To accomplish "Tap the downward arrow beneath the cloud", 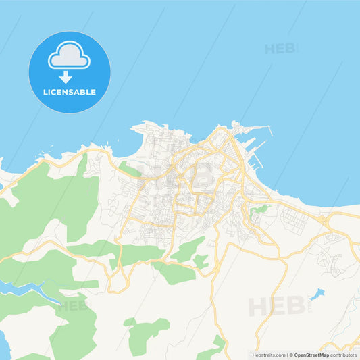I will [x=69, y=77].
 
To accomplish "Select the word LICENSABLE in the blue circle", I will [x=69, y=92].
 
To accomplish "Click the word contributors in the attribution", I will [x=343, y=355].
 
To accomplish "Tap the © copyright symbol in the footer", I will [x=292, y=355].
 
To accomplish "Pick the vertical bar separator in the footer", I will [x=287, y=355].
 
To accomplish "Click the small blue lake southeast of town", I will [x=316, y=294].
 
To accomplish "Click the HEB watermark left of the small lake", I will [x=271, y=307].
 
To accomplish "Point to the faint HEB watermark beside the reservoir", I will [x=72, y=305].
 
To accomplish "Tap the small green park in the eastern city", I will [x=259, y=211].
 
